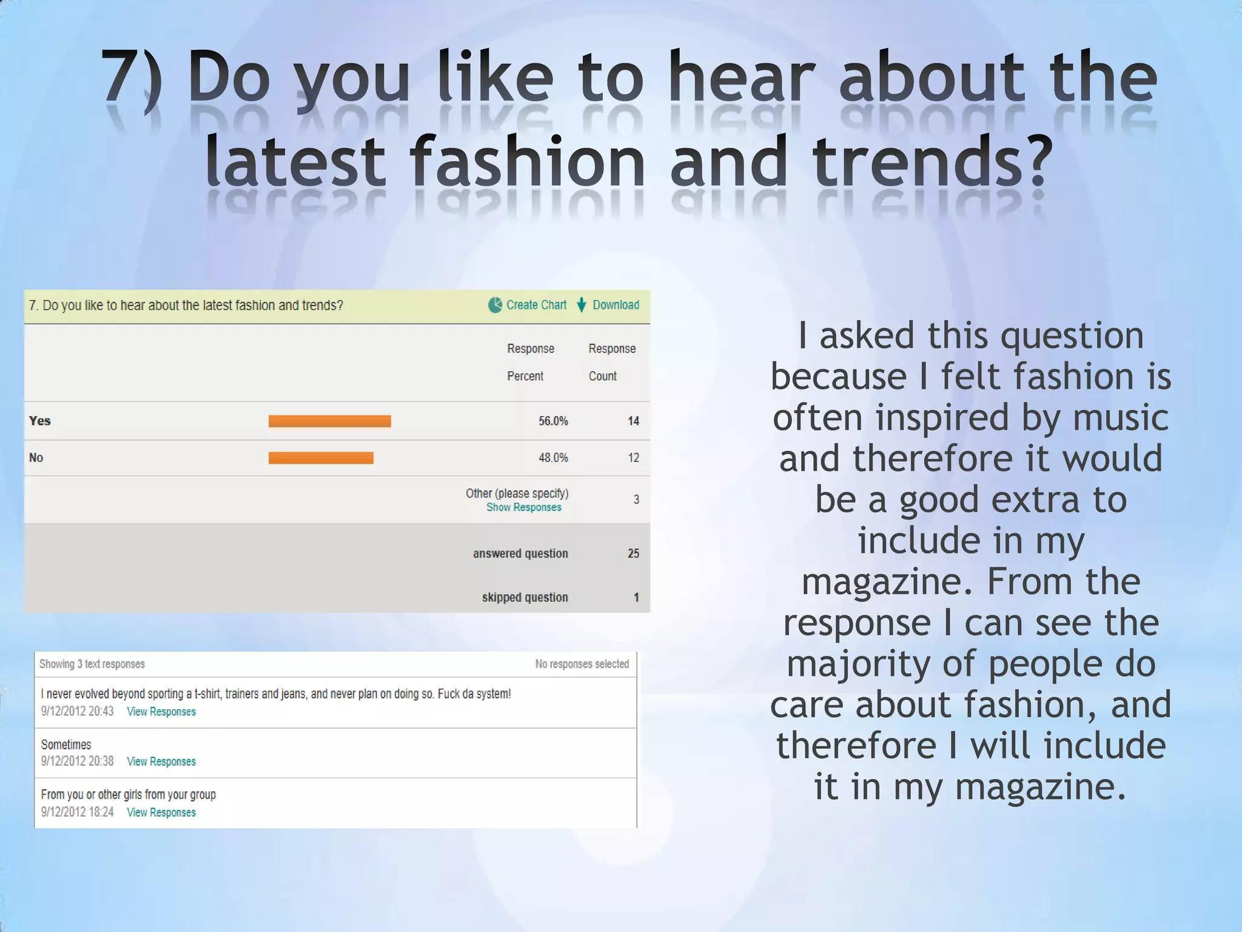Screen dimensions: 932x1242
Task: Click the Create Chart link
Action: (536, 305)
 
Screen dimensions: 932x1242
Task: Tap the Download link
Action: (616, 305)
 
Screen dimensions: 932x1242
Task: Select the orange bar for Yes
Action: (329, 421)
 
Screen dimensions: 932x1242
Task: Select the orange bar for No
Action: (321, 458)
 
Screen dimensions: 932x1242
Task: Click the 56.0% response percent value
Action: (553, 421)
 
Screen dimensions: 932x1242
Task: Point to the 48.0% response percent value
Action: (553, 458)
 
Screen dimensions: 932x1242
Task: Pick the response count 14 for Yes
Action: (633, 421)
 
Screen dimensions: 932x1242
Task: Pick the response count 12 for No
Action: (633, 458)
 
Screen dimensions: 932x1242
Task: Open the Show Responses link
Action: (523, 507)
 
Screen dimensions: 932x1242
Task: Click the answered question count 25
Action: (633, 553)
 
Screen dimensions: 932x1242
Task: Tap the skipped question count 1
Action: (636, 598)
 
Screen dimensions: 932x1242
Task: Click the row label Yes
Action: (40, 421)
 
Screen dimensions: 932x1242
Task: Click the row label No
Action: (36, 458)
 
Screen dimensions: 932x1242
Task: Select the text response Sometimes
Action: (66, 745)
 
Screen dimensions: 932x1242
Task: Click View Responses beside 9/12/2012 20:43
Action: (161, 712)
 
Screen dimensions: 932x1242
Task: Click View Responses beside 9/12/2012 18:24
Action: (161, 812)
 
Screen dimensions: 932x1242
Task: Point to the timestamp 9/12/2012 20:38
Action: (77, 761)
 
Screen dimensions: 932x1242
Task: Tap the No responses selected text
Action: (582, 664)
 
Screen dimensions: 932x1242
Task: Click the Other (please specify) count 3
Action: (636, 499)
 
